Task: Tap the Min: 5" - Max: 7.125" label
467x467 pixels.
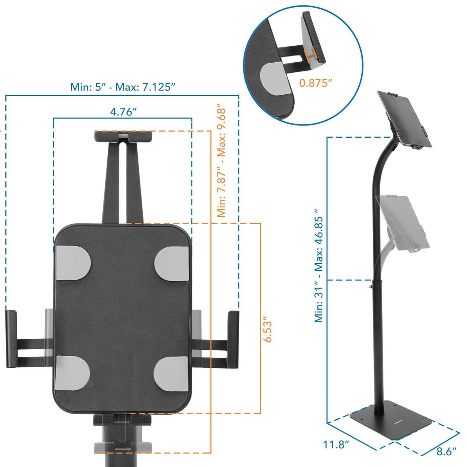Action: pos(123,87)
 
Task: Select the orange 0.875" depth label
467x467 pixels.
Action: pos(316,82)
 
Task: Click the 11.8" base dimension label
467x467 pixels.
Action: pos(336,445)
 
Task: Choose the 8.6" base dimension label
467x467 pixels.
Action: pos(446,451)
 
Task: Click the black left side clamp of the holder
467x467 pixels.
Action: pos(11,339)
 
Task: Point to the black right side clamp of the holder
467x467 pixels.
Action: pos(233,339)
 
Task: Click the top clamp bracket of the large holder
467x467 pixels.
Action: pos(123,136)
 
